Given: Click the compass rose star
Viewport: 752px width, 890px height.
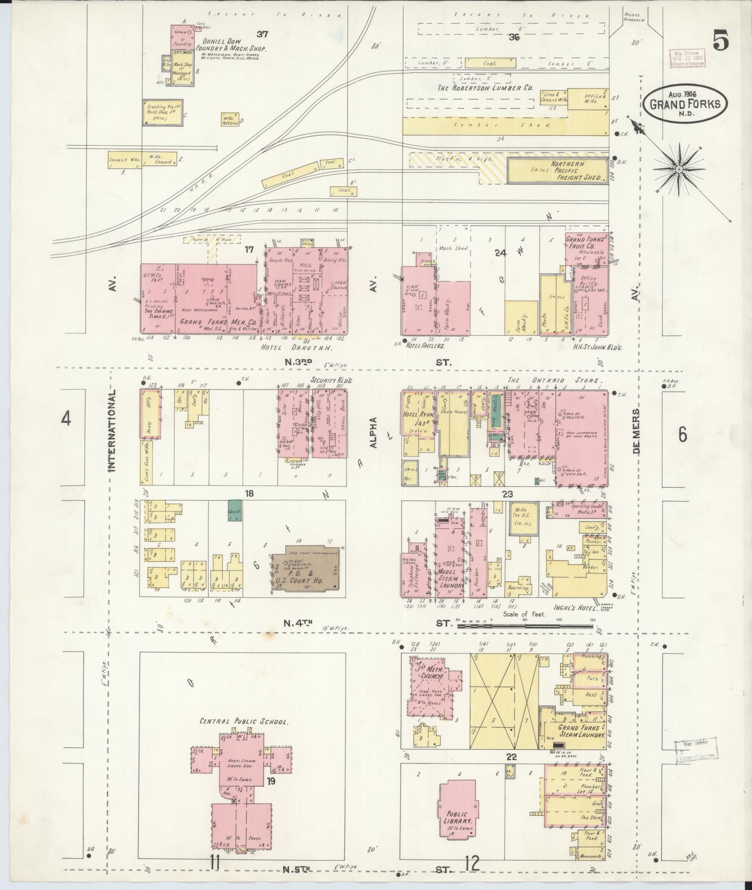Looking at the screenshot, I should click(679, 170).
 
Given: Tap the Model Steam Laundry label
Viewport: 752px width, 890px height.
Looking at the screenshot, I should click(451, 578).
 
